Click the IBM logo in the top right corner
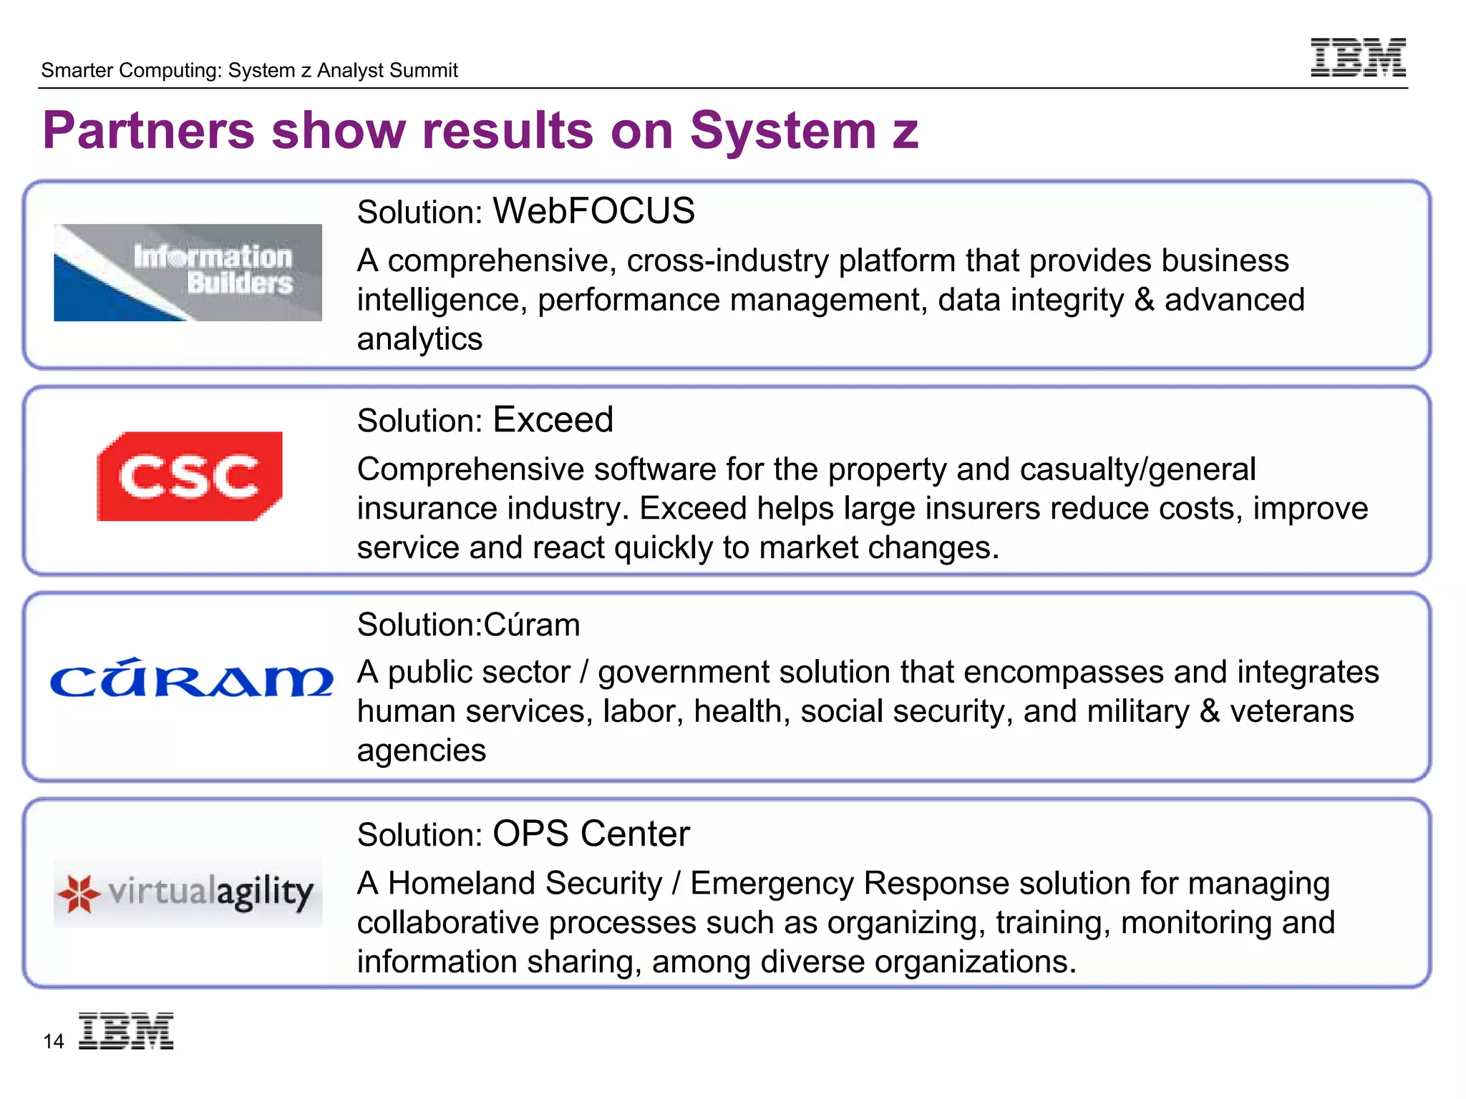1357,57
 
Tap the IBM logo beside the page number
126,1031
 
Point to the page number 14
54,1042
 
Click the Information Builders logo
188,273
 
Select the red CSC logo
190,477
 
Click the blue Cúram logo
191,678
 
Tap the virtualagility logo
188,893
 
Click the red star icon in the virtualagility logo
79,894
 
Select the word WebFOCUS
593,211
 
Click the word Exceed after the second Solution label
553,420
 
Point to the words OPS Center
591,834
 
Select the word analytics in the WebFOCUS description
419,339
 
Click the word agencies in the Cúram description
421,751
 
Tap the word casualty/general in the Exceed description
1137,469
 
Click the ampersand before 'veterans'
1209,711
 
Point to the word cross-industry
727,260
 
